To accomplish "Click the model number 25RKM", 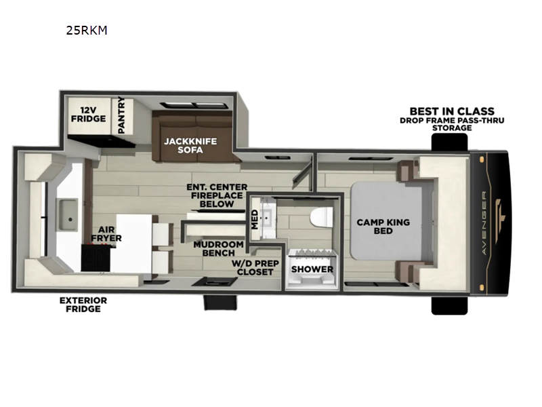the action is tap(87, 31).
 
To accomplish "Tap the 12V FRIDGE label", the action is tap(89, 115).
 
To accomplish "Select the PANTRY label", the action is tap(121, 115).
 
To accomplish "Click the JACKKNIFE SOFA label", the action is tap(190, 145).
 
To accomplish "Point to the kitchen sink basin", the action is tap(68, 214).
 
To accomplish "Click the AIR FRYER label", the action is tap(106, 234).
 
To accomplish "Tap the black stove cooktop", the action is tap(96, 257).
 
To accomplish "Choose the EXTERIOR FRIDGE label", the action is tap(83, 305).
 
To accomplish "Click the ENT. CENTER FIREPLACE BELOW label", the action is tap(217, 195).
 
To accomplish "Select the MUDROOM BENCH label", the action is tap(218, 248).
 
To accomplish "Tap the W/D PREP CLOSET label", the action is tap(255, 267).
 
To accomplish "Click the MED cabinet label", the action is tap(255, 219).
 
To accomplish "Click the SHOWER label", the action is tap(312, 269).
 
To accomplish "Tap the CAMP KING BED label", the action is tap(383, 227).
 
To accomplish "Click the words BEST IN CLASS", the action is tap(452, 111).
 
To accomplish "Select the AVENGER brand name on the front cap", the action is tap(484, 223).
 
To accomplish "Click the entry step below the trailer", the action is tap(220, 302).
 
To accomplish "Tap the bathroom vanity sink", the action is tap(267, 218).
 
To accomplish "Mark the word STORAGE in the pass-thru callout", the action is tap(452, 128).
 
